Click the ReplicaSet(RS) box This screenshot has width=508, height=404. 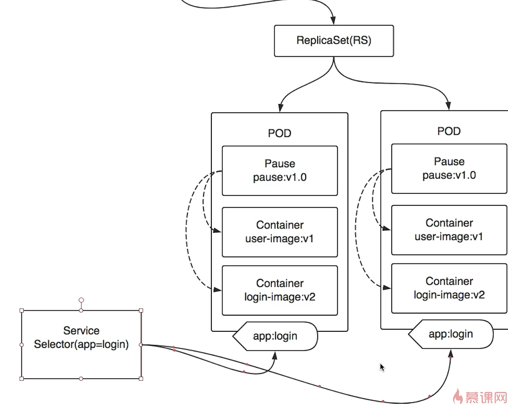pos(333,41)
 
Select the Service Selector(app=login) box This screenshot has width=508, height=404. pos(81,344)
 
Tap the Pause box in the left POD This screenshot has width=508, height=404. pos(280,170)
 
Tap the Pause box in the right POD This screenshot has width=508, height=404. pos(449,168)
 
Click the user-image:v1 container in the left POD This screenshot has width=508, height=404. pos(280,232)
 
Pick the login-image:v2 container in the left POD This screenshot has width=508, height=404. pos(280,290)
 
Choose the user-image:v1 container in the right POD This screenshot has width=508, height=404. pos(449,230)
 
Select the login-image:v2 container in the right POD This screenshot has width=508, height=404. pos(449,288)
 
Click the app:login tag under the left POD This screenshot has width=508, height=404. pos(276,336)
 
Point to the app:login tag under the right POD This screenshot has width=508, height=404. pos(451,334)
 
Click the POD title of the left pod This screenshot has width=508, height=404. pos(280,133)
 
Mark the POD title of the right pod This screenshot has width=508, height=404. pos(449,131)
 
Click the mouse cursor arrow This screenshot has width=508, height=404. pos(382,367)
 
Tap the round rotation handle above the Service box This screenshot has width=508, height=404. pos(81,300)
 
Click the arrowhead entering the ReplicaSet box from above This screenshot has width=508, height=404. pos(333,21)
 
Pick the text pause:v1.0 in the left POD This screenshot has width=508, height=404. pos(280,177)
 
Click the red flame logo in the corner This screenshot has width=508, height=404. pos(457,396)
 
